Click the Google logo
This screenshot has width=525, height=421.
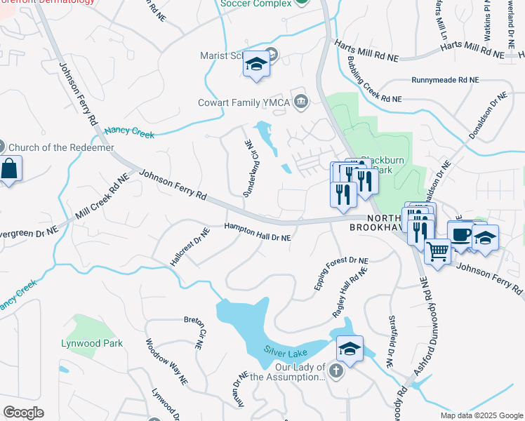23,413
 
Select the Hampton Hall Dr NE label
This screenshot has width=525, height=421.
257,232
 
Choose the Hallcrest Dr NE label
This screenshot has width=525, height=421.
190,246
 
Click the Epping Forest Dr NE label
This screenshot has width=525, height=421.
341,274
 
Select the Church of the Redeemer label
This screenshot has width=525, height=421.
56,147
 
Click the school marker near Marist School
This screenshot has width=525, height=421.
257,66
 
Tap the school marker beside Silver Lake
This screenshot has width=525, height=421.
350,348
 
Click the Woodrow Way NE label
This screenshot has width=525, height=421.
166,362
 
